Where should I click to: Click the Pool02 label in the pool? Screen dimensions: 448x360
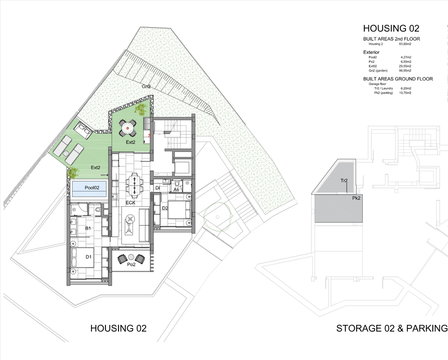point(92,188)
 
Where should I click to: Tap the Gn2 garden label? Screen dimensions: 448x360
point(146,86)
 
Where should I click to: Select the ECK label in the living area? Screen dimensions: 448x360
point(130,203)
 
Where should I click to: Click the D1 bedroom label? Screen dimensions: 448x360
point(88,257)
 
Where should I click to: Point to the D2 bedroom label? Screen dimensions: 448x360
point(165,208)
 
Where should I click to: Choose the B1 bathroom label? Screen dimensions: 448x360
point(87,228)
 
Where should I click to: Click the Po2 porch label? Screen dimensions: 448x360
point(131,265)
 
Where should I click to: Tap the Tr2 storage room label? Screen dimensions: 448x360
point(344,180)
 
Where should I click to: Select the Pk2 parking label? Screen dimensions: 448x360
point(356,198)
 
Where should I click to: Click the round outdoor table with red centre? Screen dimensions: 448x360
point(128,129)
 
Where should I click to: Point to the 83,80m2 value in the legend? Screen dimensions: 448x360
point(405,44)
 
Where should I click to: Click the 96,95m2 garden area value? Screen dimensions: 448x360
point(405,71)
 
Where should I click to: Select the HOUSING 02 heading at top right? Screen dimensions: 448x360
point(391,28)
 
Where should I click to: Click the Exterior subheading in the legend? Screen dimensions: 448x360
point(371,52)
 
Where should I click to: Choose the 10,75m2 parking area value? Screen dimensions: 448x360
point(405,93)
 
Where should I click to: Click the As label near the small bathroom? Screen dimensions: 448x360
point(176,190)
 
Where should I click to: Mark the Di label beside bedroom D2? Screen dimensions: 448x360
point(157,188)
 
